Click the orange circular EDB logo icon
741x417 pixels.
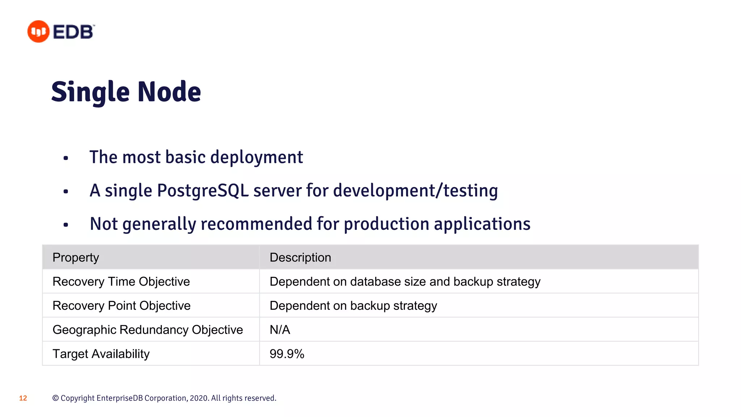[38, 31]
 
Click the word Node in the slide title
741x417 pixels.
[169, 92]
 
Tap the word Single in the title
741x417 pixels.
[90, 92]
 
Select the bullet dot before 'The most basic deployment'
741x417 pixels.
[65, 158]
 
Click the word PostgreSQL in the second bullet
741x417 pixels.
[203, 191]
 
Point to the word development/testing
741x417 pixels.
[415, 191]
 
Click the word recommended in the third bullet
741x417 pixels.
[257, 224]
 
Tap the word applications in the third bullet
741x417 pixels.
[482, 224]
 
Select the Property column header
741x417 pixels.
[76, 257]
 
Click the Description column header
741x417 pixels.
[300, 257]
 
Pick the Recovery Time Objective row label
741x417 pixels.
[121, 282]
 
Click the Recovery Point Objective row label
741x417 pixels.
[122, 306]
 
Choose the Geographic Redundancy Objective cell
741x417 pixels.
[148, 330]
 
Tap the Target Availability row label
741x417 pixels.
[101, 354]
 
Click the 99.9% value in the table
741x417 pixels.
[287, 354]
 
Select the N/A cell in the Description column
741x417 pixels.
[280, 330]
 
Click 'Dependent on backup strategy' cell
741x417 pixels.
[353, 306]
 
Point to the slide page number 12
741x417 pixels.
[23, 398]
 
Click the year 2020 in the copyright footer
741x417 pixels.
[199, 398]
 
